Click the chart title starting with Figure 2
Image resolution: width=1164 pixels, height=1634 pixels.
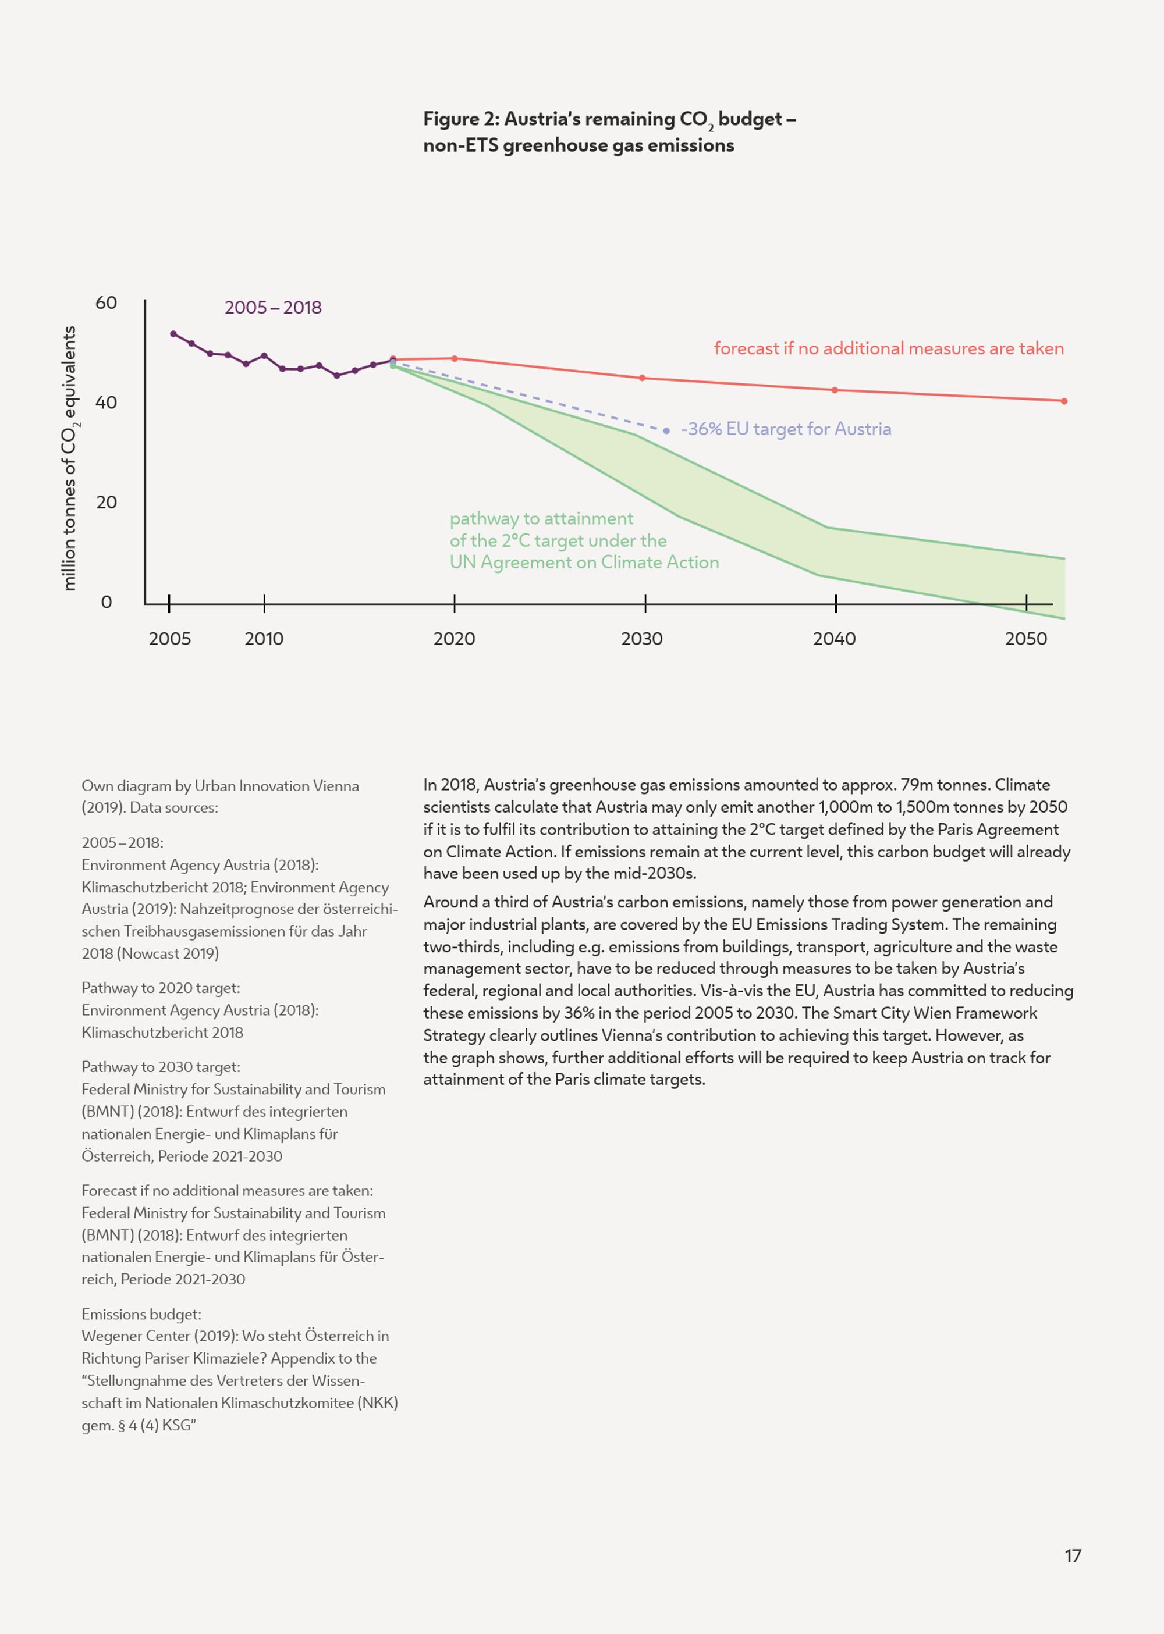click(609, 132)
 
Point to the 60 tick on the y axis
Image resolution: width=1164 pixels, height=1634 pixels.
click(106, 303)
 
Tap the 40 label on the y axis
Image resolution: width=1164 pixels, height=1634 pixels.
click(106, 403)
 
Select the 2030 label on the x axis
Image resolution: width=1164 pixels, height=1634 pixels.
click(641, 639)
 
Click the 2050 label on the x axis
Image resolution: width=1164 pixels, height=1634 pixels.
click(1025, 639)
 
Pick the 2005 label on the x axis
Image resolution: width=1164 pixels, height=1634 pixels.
click(170, 639)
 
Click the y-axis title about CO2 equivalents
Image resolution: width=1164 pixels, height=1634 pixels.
click(69, 458)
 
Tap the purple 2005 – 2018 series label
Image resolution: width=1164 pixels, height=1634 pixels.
click(273, 308)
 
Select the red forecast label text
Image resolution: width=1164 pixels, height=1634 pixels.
click(889, 349)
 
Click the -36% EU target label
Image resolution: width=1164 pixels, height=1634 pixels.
click(786, 429)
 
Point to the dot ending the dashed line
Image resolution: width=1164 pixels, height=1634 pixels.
click(666, 430)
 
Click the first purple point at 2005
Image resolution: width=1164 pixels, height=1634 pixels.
click(173, 334)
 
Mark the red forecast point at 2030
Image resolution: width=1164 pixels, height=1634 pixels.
click(642, 378)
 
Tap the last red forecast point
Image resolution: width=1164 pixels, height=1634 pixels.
click(1064, 401)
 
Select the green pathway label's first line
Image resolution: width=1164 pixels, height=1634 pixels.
click(541, 519)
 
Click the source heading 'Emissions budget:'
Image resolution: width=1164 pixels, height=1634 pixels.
click(141, 1314)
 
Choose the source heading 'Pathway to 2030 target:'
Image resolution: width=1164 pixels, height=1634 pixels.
click(161, 1067)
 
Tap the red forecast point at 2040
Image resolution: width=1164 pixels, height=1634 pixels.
click(834, 390)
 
